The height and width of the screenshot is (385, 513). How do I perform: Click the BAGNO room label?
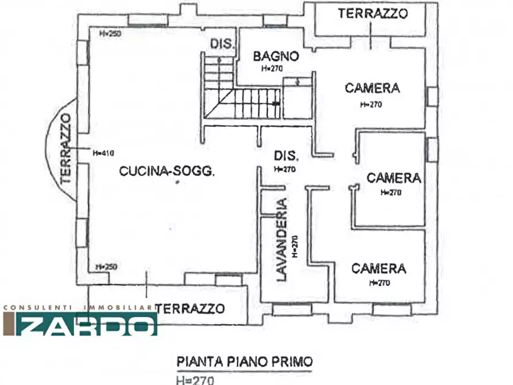pyautogui.click(x=276, y=56)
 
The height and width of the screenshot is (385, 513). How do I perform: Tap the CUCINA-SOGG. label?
pyautogui.click(x=167, y=171)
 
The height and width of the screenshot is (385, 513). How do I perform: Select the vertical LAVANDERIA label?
pyautogui.click(x=281, y=239)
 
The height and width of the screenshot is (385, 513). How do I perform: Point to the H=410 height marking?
pyautogui.click(x=104, y=153)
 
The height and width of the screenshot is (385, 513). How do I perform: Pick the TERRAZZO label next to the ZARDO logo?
pyautogui.click(x=190, y=309)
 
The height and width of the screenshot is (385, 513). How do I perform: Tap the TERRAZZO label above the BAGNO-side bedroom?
pyautogui.click(x=373, y=13)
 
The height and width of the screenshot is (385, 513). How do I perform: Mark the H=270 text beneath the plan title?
pyautogui.click(x=195, y=379)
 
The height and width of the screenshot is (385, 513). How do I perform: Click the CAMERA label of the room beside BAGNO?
pyautogui.click(x=372, y=88)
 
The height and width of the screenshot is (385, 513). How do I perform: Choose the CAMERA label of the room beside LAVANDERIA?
pyautogui.click(x=379, y=268)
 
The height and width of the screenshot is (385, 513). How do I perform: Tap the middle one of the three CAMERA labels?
pyautogui.click(x=394, y=178)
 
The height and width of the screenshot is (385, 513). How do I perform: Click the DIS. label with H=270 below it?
pyautogui.click(x=286, y=156)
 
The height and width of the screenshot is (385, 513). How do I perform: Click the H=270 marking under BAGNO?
pyautogui.click(x=272, y=68)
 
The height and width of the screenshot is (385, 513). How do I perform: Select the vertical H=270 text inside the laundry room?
pyautogui.click(x=294, y=247)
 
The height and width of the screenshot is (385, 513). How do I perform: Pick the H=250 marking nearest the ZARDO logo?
pyautogui.click(x=106, y=267)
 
